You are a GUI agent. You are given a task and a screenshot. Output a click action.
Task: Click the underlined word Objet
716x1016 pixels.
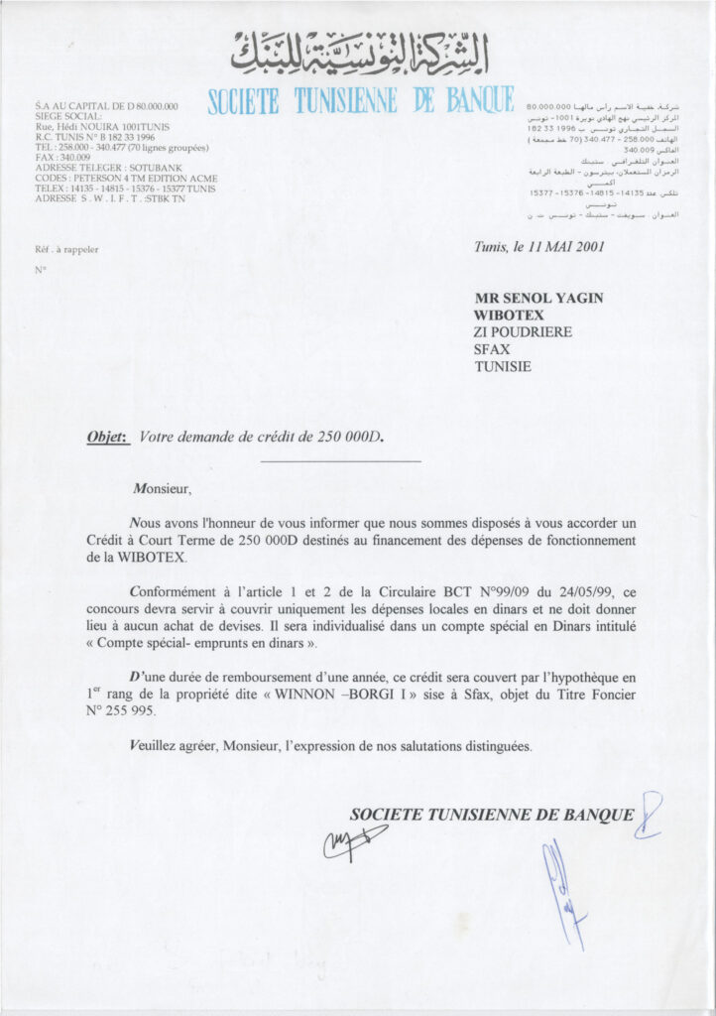[x=109, y=436]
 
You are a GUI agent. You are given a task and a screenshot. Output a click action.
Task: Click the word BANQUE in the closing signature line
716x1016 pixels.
[x=598, y=815]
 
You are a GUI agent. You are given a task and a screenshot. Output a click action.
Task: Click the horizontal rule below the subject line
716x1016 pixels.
[x=340, y=460]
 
